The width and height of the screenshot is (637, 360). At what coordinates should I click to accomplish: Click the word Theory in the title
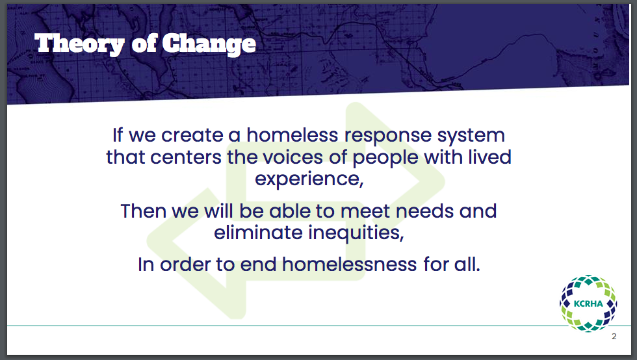click(79, 44)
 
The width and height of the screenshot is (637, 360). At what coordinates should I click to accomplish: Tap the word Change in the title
click(209, 44)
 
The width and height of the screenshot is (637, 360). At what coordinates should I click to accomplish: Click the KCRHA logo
click(588, 303)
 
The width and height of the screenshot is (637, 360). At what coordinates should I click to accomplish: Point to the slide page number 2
click(614, 337)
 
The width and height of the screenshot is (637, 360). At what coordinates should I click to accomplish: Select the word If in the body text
click(118, 135)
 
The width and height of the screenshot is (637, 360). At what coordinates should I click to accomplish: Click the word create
click(192, 135)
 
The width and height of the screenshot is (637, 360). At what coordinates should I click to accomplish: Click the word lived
click(489, 157)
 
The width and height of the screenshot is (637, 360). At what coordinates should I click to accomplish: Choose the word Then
click(144, 211)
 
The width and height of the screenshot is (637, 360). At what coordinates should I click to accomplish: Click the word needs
click(424, 211)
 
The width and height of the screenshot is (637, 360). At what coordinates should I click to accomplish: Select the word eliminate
click(259, 233)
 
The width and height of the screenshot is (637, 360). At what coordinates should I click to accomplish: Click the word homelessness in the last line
click(350, 264)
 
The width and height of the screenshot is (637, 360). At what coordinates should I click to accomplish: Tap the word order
click(185, 264)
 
